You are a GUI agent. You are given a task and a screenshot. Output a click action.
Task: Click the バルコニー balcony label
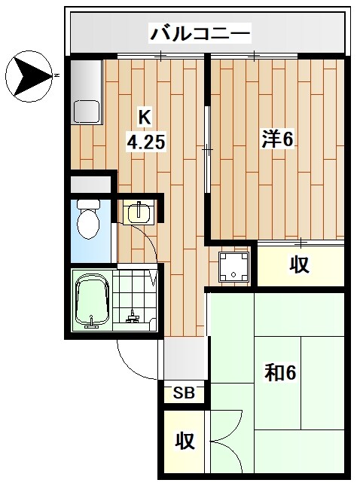[x=200, y=33]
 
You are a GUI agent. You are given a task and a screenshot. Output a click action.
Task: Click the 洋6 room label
[x=276, y=139]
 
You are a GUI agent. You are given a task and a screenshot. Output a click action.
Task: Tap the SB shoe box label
[x=184, y=393]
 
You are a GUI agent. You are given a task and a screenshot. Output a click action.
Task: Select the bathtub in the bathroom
[x=93, y=301]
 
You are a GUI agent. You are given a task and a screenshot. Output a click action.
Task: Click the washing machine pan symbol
[x=233, y=264]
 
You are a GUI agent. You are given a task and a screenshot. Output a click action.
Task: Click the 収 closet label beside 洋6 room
[x=301, y=264]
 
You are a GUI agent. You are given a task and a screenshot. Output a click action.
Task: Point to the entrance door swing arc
[x=136, y=362]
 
